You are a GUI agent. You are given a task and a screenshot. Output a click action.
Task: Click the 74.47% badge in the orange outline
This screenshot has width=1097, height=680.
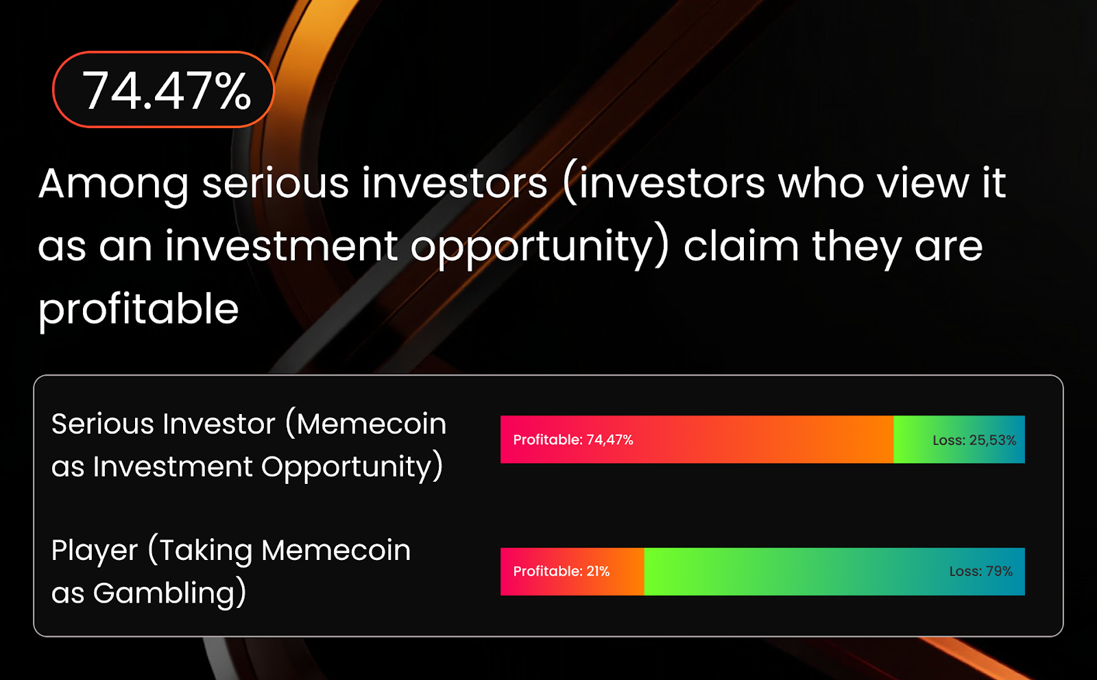pos(163,90)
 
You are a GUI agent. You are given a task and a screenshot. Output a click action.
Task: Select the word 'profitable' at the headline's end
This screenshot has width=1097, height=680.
pos(138,309)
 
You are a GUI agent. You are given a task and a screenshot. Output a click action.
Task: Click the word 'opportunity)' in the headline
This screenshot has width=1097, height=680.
pos(539,247)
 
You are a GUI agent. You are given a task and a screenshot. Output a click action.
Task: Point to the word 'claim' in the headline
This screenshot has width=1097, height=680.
pos(741,245)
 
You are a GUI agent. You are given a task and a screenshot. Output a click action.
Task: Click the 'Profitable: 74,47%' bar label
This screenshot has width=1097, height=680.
pos(573,439)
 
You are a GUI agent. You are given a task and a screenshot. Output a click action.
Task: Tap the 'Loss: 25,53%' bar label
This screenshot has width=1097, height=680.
pos(974,440)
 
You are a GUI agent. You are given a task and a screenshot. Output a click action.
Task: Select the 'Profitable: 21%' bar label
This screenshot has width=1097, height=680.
pos(562,571)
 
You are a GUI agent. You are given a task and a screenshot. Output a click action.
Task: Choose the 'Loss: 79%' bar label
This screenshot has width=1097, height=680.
pos(981,571)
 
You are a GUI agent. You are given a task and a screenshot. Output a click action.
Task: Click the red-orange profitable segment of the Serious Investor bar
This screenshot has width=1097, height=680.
pos(697,439)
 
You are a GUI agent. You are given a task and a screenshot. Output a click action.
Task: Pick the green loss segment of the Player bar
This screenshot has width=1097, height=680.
pos(834,571)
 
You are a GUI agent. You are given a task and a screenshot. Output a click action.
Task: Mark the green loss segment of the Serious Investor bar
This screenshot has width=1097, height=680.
pos(959,439)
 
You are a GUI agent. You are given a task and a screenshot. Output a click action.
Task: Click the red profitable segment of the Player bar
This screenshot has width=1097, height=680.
pos(572,571)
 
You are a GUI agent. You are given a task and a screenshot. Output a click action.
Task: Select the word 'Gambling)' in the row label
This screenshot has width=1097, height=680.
pos(170,594)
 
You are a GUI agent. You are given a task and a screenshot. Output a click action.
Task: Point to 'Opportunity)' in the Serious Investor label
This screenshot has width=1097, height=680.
pos(352,467)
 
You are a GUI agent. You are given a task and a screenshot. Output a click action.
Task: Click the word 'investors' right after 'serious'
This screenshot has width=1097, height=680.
pos(455,184)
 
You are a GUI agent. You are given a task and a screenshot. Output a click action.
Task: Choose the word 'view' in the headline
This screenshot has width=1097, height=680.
pos(923,184)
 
